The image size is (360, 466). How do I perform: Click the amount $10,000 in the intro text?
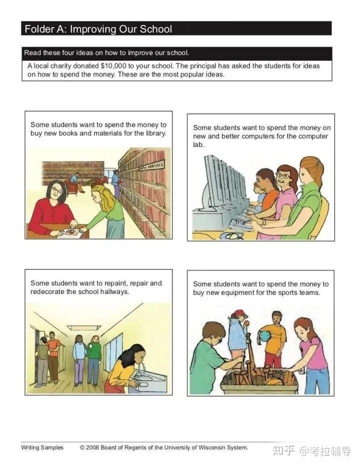tap(113, 65)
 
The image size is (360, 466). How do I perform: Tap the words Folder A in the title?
tap(46, 29)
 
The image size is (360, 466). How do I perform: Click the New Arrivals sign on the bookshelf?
tap(151, 166)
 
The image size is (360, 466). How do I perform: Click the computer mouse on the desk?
tap(231, 236)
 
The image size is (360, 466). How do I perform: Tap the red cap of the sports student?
tap(240, 313)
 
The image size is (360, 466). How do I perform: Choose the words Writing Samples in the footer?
tap(42, 447)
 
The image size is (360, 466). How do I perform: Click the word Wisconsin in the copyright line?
tap(211, 447)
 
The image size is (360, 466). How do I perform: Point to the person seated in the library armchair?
tap(75, 180)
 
